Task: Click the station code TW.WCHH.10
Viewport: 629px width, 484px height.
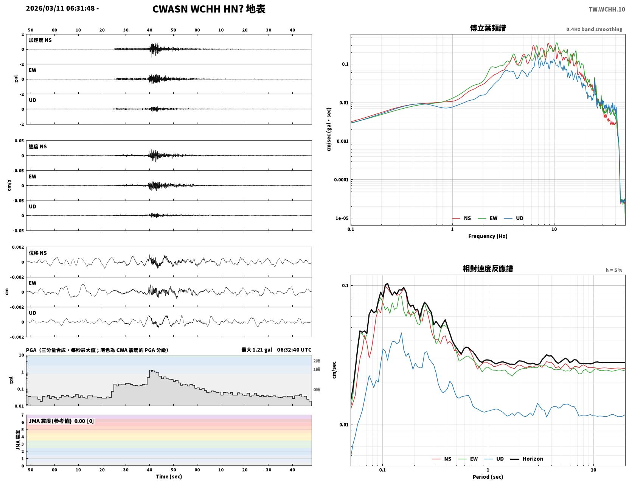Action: click(x=606, y=9)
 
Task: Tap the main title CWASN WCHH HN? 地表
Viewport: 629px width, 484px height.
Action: click(x=209, y=9)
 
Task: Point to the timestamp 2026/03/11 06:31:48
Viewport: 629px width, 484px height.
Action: click(x=60, y=8)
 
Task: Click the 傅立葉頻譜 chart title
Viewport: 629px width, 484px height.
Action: click(x=488, y=28)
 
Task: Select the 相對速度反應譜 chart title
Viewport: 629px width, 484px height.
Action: click(x=488, y=269)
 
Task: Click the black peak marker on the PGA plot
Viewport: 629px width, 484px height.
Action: click(x=151, y=370)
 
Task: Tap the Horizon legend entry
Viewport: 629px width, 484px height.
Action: click(x=527, y=459)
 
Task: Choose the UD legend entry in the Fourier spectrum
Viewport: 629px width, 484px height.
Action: click(x=514, y=218)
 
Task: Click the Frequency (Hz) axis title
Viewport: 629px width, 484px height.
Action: click(x=488, y=236)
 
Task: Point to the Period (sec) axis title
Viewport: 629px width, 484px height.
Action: click(x=488, y=477)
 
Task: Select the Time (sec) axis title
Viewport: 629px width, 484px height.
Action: click(x=169, y=476)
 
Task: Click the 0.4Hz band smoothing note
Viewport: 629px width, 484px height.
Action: click(x=594, y=29)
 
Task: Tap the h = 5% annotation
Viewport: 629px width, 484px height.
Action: click(x=613, y=270)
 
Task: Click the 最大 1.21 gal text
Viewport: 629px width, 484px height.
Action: click(x=257, y=350)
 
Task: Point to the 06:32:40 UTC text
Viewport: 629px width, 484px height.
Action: click(x=294, y=350)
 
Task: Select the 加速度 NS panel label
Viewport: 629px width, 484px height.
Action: click(x=40, y=40)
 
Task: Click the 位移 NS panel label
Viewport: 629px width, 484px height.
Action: click(x=37, y=253)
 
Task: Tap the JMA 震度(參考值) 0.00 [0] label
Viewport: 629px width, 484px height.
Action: click(x=61, y=421)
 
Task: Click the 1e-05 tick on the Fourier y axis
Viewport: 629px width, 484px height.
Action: click(x=342, y=218)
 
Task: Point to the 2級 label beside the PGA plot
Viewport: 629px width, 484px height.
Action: click(x=317, y=361)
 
